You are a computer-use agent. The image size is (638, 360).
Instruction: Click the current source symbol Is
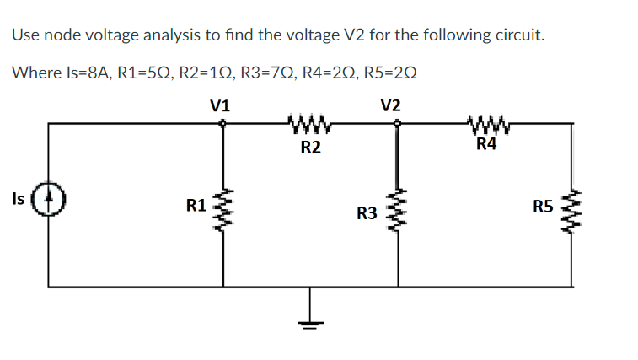click(48, 202)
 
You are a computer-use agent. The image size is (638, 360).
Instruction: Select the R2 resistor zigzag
click(310, 127)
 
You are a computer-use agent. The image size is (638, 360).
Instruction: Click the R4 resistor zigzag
click(486, 127)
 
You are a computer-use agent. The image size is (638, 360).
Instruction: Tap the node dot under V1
click(222, 123)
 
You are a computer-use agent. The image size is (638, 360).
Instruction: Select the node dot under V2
click(396, 123)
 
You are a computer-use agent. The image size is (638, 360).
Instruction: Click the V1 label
click(221, 106)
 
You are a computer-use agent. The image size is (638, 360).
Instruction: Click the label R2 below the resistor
click(310, 148)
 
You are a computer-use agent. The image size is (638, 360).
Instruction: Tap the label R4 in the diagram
click(486, 144)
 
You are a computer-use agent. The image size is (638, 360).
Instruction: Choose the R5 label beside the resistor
click(544, 205)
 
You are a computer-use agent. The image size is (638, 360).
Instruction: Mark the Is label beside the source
click(18, 199)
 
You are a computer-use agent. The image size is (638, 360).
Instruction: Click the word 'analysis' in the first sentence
click(158, 35)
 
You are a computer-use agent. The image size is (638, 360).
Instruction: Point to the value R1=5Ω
click(143, 73)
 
